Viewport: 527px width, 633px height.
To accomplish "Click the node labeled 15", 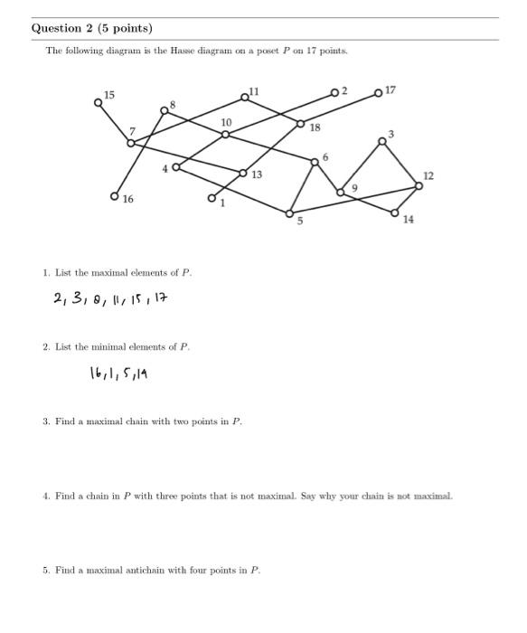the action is pyautogui.click(x=99, y=102).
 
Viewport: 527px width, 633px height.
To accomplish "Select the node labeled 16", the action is pyautogui.click(x=115, y=195).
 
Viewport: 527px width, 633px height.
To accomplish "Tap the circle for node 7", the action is pyautogui.click(x=131, y=143).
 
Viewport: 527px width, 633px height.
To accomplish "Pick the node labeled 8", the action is pyautogui.click(x=165, y=110).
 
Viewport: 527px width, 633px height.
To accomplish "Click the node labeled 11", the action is pyautogui.click(x=244, y=98).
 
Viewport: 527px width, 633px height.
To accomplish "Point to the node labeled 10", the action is pyautogui.click(x=225, y=135).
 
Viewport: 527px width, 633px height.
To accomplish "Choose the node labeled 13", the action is pyautogui.click(x=243, y=172).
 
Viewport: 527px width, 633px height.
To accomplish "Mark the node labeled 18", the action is pyautogui.click(x=301, y=123).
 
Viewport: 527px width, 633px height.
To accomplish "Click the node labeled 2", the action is pyautogui.click(x=334, y=92).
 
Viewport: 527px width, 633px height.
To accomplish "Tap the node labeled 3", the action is pyautogui.click(x=382, y=140).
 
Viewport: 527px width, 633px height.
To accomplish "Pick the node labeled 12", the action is pyautogui.click(x=419, y=185).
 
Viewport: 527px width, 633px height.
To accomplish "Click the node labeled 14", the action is pyautogui.click(x=395, y=213).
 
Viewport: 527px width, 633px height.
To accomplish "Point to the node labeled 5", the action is pyautogui.click(x=289, y=213).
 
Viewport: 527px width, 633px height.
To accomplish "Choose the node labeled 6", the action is pyautogui.click(x=315, y=162).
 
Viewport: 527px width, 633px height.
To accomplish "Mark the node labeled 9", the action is pyautogui.click(x=340, y=191).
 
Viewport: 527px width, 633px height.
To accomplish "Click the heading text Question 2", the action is pyautogui.click(x=91, y=28).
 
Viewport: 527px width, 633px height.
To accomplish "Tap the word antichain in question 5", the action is pyautogui.click(x=211, y=571).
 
